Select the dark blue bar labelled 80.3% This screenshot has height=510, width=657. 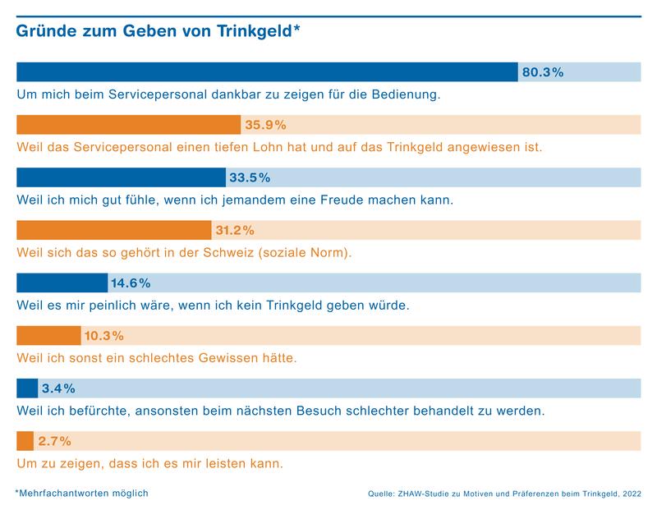click(267, 72)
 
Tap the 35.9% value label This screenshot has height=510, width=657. click(264, 125)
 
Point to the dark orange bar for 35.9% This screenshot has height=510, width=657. click(128, 125)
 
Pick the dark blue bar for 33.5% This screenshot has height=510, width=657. click(121, 177)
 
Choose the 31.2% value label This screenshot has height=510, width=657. click(235, 230)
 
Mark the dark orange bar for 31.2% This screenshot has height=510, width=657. click(113, 230)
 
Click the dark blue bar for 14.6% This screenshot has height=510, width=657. click(62, 283)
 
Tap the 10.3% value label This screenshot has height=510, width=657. click(104, 336)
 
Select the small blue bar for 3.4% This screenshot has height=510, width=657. click(27, 388)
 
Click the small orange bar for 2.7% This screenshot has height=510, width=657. click(25, 441)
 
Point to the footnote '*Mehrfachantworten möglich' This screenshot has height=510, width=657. click(81, 493)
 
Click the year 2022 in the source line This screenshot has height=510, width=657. click(632, 494)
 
